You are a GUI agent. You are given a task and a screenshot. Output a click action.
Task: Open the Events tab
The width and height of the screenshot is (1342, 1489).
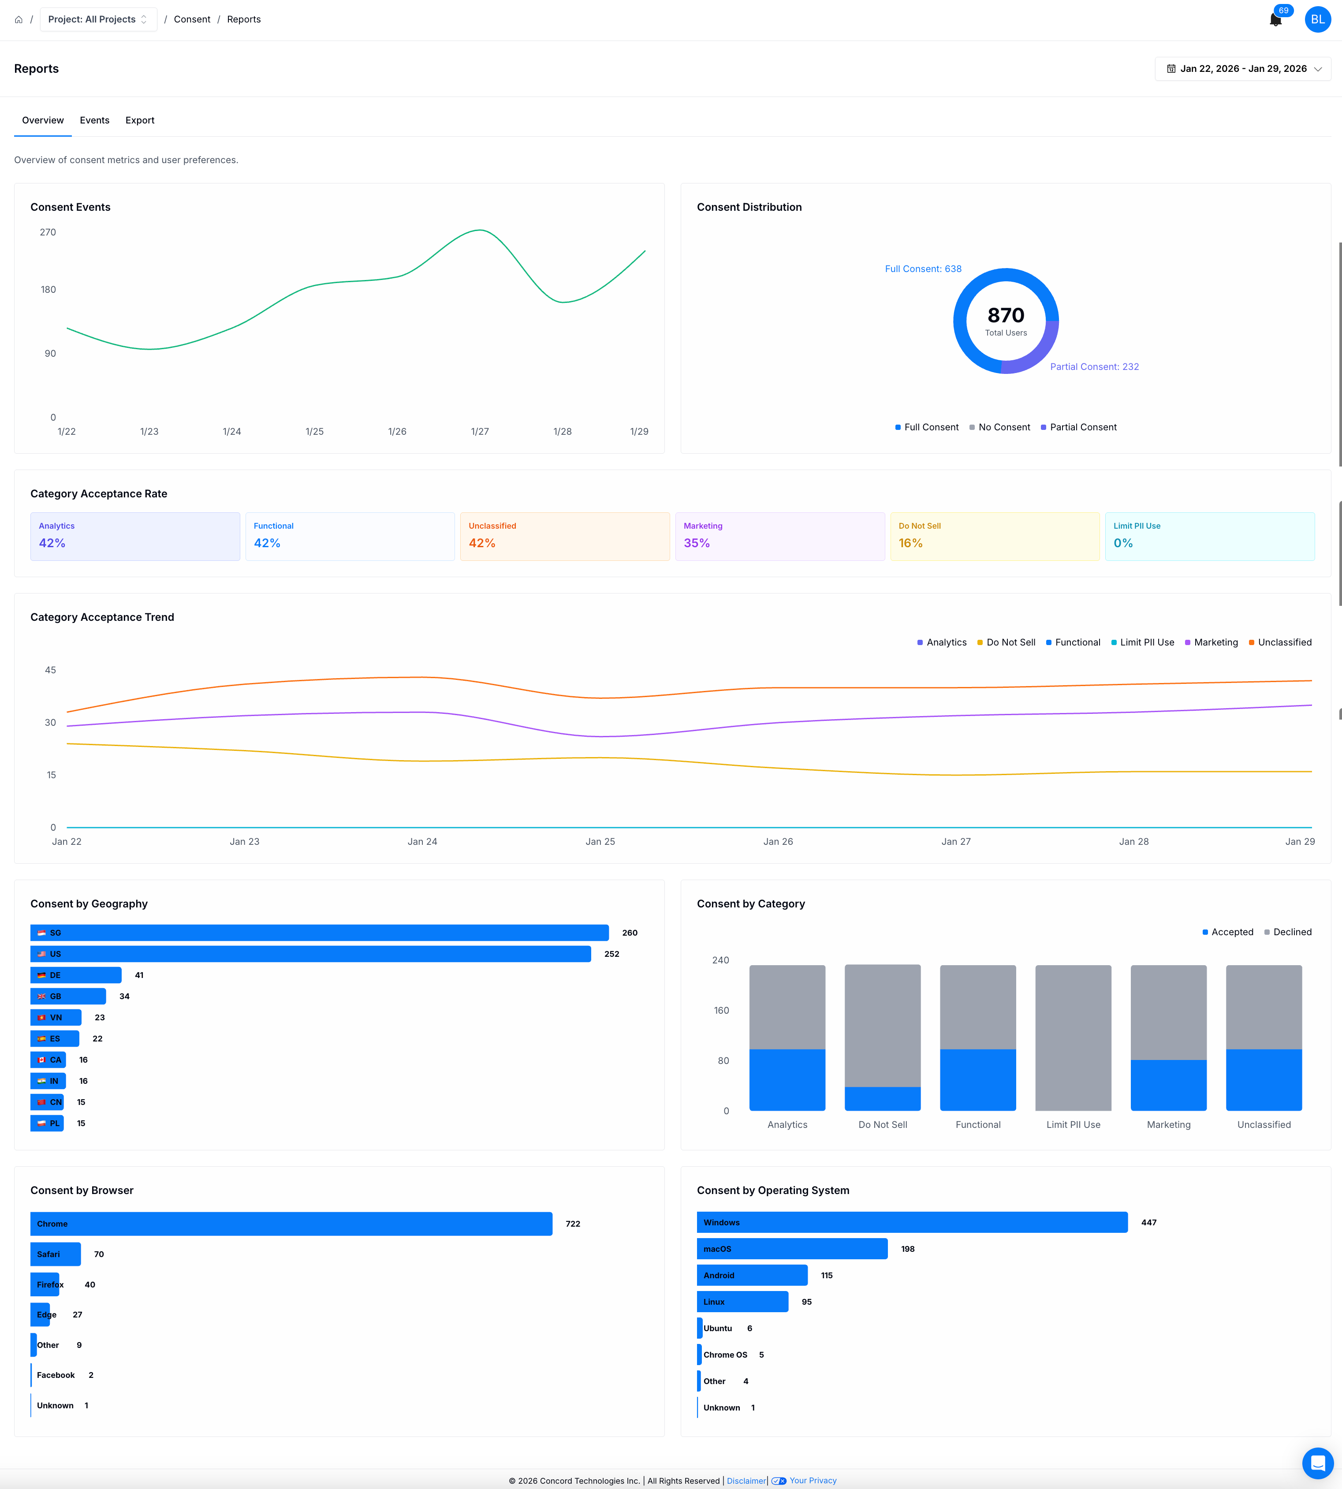click(x=94, y=120)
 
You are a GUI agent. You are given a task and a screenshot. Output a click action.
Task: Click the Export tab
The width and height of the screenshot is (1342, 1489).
click(x=139, y=120)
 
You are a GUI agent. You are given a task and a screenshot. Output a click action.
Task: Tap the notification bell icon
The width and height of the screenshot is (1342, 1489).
click(x=1275, y=20)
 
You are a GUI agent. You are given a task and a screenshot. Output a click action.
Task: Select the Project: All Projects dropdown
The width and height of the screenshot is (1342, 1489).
click(x=98, y=19)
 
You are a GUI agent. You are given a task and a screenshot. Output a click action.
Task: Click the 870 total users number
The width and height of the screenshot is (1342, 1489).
click(x=1006, y=316)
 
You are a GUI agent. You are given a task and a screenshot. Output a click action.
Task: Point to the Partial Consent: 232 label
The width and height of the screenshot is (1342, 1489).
click(x=1094, y=366)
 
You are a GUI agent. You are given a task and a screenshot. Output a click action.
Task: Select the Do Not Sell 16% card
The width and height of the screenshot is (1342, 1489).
click(x=994, y=536)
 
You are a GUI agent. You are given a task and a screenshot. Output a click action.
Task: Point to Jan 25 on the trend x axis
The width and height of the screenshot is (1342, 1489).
click(x=600, y=841)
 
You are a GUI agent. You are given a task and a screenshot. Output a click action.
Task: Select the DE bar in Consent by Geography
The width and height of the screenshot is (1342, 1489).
click(x=76, y=975)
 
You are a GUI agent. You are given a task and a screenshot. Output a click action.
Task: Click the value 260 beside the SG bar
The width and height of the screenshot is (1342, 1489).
click(x=630, y=933)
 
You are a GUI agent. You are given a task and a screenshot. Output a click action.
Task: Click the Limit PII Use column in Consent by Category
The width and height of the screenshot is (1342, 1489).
click(x=1073, y=1037)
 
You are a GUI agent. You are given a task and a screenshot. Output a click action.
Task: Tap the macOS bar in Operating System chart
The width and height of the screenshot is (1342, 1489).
click(x=791, y=1249)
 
